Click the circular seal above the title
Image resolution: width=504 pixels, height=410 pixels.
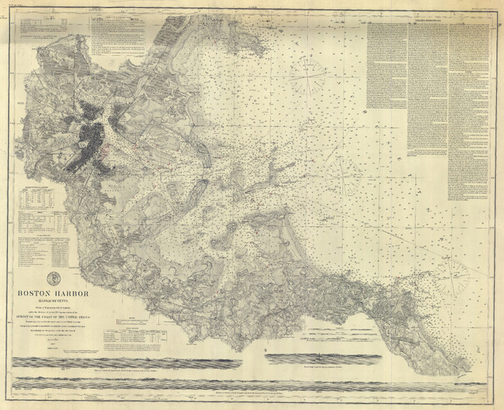click(x=52, y=277)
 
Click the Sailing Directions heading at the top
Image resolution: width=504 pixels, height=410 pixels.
click(x=428, y=20)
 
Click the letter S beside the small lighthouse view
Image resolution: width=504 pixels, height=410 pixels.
click(x=266, y=349)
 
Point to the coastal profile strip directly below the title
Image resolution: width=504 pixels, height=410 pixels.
click(x=126, y=363)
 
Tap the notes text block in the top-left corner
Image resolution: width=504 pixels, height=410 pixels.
click(x=44, y=28)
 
